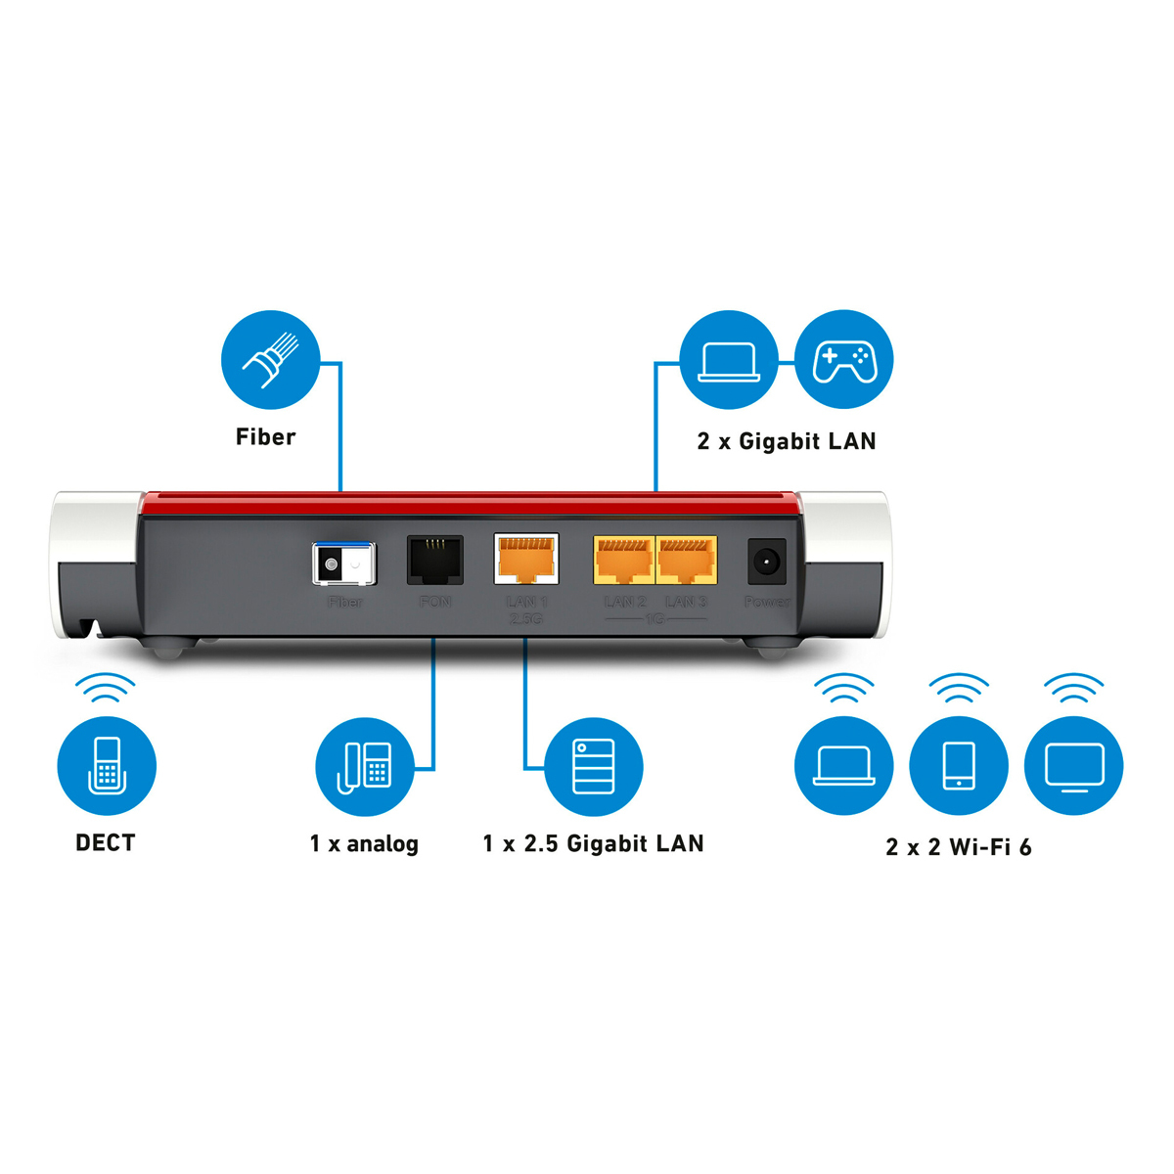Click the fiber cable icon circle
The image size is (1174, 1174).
(x=270, y=360)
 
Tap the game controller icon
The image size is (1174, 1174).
(x=843, y=360)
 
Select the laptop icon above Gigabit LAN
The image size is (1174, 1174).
(x=729, y=360)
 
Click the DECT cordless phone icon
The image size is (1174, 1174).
(x=107, y=765)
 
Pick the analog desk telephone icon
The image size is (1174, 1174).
(x=365, y=766)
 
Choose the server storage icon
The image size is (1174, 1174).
(x=594, y=766)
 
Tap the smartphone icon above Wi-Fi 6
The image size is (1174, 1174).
(x=959, y=765)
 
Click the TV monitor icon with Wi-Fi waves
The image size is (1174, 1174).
(x=1074, y=765)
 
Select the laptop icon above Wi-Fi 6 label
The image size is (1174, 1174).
(x=843, y=765)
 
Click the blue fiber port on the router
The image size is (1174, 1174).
(x=343, y=564)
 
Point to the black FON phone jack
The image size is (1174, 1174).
(x=434, y=561)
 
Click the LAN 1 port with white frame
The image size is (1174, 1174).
(x=526, y=560)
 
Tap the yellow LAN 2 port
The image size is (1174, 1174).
(x=624, y=561)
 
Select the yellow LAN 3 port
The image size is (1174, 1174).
(x=687, y=561)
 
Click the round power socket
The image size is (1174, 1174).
(x=766, y=562)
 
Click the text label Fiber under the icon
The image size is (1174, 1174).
(x=265, y=437)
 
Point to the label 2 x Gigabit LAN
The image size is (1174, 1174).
(x=787, y=441)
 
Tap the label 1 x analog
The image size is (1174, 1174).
(x=364, y=843)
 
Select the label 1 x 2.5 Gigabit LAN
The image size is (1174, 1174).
(x=593, y=843)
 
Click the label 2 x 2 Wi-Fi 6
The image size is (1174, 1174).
(x=959, y=847)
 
